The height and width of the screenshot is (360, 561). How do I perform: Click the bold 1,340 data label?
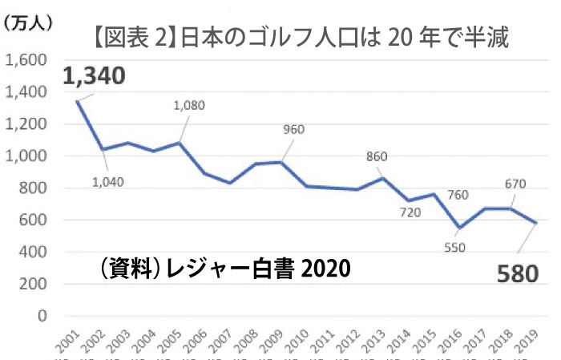pos(94,76)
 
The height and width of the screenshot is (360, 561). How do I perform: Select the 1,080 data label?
pos(190,105)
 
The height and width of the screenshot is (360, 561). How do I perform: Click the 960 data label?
pos(296,128)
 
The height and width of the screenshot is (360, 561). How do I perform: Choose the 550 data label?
pos(454,248)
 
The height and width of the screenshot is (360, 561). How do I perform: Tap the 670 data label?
pos(515,184)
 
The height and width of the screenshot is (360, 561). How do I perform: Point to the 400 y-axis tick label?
pos(36,252)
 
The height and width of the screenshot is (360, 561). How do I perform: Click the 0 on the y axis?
pos(44,316)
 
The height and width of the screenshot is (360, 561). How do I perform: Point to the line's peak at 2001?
pos(78,101)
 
